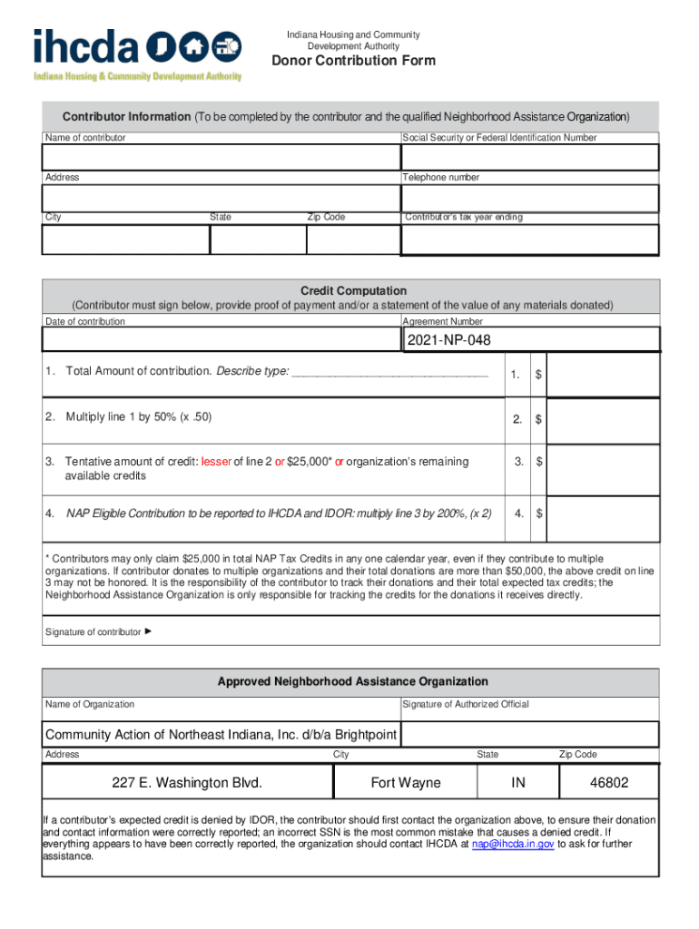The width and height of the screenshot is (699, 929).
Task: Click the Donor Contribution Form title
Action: coord(354,61)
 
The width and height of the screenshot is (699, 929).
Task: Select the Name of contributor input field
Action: coord(221,157)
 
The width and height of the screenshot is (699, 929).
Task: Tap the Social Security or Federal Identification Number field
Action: coord(529,157)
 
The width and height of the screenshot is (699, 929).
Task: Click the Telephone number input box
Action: coord(529,198)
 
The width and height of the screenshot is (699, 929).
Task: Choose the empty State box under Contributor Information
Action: coord(258,240)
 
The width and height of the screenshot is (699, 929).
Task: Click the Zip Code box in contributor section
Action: coord(352,240)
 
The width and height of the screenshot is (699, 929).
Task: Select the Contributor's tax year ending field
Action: coord(529,240)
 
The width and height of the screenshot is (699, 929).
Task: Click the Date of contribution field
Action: coord(221,339)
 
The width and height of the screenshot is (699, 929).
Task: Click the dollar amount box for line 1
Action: coord(602,375)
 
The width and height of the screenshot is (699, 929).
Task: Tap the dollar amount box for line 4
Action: coord(602,513)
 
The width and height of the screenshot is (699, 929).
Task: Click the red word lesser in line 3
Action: coord(216,462)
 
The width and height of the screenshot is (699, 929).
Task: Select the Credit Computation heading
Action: coord(353,290)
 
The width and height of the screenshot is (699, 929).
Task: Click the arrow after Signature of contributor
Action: coord(148,631)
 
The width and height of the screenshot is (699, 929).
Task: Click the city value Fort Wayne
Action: coord(406,782)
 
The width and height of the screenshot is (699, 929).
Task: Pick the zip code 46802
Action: coord(609,782)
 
